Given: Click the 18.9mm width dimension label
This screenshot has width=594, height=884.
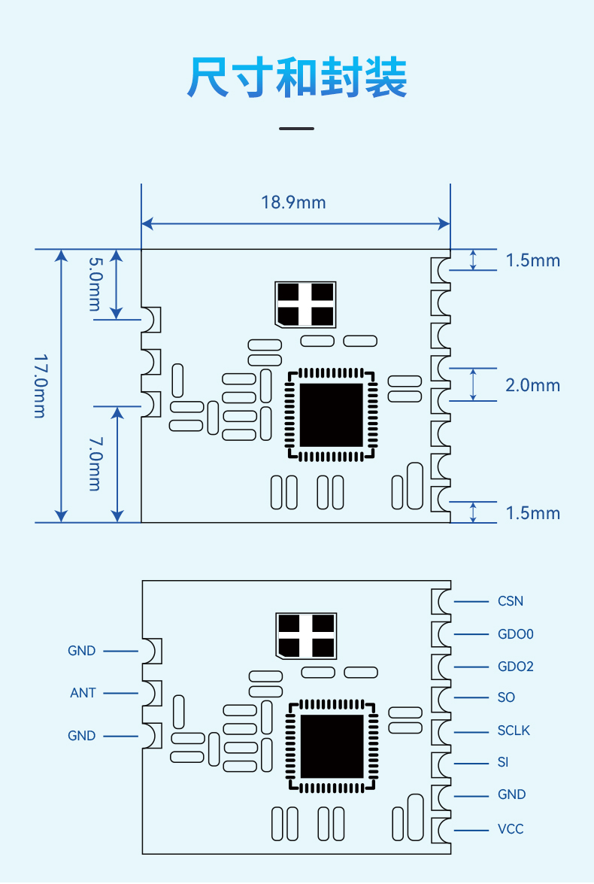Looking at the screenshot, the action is pos(293,202).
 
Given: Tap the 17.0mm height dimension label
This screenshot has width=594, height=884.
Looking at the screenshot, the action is pos(40,386).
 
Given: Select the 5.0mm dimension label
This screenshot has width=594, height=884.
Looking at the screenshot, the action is pos(95,284).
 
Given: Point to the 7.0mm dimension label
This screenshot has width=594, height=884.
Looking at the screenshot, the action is pos(95,463).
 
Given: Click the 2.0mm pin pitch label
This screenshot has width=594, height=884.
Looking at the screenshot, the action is pos(532,385).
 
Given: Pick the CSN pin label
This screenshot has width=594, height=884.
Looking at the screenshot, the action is pos(511,601).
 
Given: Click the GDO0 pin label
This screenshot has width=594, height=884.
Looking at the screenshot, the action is pos(516,634).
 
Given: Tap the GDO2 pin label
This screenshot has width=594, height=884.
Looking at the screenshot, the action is pos(516,667).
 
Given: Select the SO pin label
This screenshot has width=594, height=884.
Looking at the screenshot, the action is pos(506,697).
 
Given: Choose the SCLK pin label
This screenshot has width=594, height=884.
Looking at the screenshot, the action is pos(514,731).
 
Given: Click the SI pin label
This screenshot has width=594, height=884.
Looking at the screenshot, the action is pos(503,762).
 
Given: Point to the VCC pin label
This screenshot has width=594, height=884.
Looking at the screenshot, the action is pos(511,829).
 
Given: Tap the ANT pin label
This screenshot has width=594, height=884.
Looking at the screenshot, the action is pos(83,693).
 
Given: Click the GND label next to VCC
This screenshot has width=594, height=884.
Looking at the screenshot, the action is pos(512,794).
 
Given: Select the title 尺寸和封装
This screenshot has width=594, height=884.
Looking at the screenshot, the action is pos(297,77).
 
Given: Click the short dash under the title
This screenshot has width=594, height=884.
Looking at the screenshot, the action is pos(296,129).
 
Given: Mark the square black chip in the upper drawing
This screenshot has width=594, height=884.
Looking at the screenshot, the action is pos(332,415).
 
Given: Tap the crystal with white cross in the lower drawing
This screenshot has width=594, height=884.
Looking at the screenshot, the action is pos(306,636).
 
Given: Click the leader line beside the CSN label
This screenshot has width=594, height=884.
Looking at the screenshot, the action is pos(471,602).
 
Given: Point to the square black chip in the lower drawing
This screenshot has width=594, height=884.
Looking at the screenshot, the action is pos(332,746).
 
